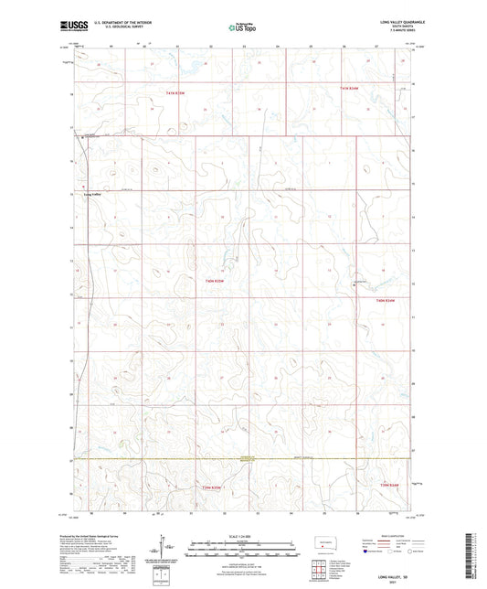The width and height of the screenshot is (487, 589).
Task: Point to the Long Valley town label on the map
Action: [94, 195]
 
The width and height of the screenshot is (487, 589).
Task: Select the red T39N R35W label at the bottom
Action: [214, 490]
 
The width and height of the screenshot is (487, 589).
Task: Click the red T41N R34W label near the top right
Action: [350, 87]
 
